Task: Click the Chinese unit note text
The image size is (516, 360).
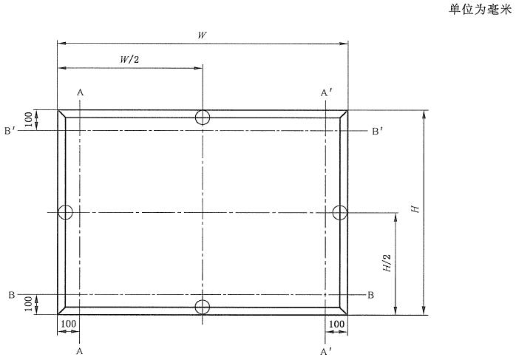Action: (x=480, y=9)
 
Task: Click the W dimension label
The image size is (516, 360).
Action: (x=202, y=35)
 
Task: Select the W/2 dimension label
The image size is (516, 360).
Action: (x=129, y=59)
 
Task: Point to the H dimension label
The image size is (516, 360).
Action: (x=415, y=208)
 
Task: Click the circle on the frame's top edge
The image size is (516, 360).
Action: (x=203, y=118)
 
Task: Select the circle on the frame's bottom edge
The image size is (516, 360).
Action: (x=203, y=308)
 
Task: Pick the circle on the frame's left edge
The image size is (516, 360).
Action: (x=66, y=212)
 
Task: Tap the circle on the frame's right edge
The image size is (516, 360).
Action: (x=340, y=212)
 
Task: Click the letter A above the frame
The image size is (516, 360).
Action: (x=80, y=93)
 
